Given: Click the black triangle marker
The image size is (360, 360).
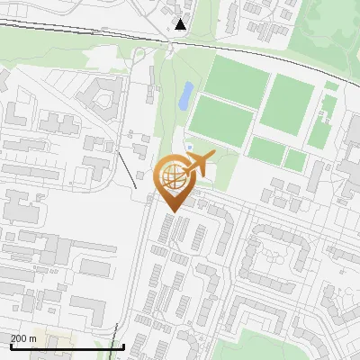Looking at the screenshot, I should [181, 24].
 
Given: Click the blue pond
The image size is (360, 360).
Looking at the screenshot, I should [185, 94].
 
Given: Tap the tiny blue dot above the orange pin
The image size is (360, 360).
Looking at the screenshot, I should [189, 147].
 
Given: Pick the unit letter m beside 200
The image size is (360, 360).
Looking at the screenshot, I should [33, 338].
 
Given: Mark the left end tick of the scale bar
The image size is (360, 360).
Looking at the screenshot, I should [10, 346].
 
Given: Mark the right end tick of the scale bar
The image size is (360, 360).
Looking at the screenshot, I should [123, 346].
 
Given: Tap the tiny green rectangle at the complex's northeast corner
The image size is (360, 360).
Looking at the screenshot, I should [332, 85].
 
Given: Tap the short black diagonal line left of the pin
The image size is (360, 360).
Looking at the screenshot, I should [128, 169].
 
